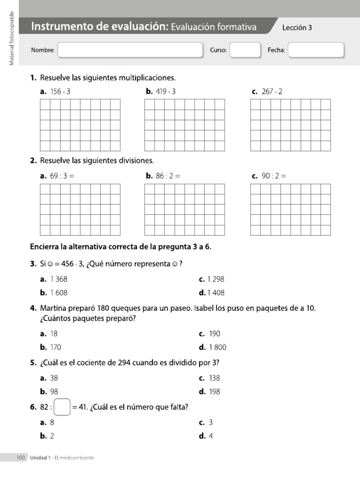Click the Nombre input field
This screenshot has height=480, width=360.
coord(130,50)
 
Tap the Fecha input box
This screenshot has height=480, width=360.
coord(316,50)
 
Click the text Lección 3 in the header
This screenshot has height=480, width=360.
coord(297,28)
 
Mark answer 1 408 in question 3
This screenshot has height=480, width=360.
coord(216,293)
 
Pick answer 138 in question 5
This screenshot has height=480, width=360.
coord(215,378)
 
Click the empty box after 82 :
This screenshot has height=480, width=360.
coord(62,407)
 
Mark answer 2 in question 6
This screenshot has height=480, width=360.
coord(52,436)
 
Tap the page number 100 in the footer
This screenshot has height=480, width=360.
coord(20,457)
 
